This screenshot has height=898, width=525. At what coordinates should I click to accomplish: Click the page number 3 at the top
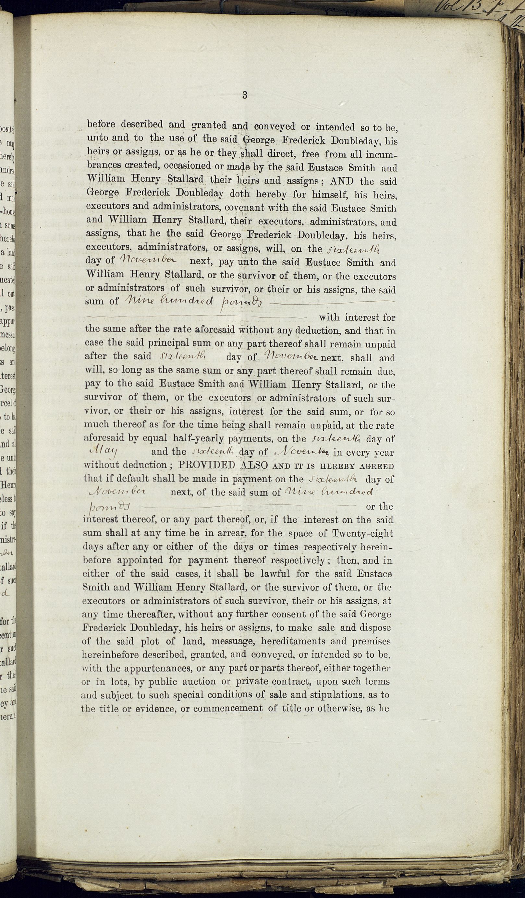tap(245, 95)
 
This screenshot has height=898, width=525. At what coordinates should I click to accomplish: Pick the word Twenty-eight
tap(362, 533)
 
